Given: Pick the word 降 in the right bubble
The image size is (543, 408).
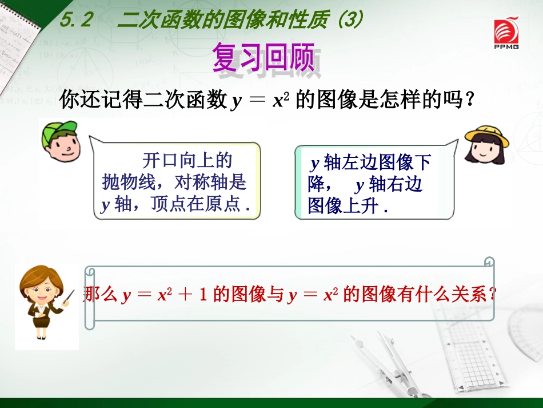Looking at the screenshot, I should pyautogui.click(x=316, y=185).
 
